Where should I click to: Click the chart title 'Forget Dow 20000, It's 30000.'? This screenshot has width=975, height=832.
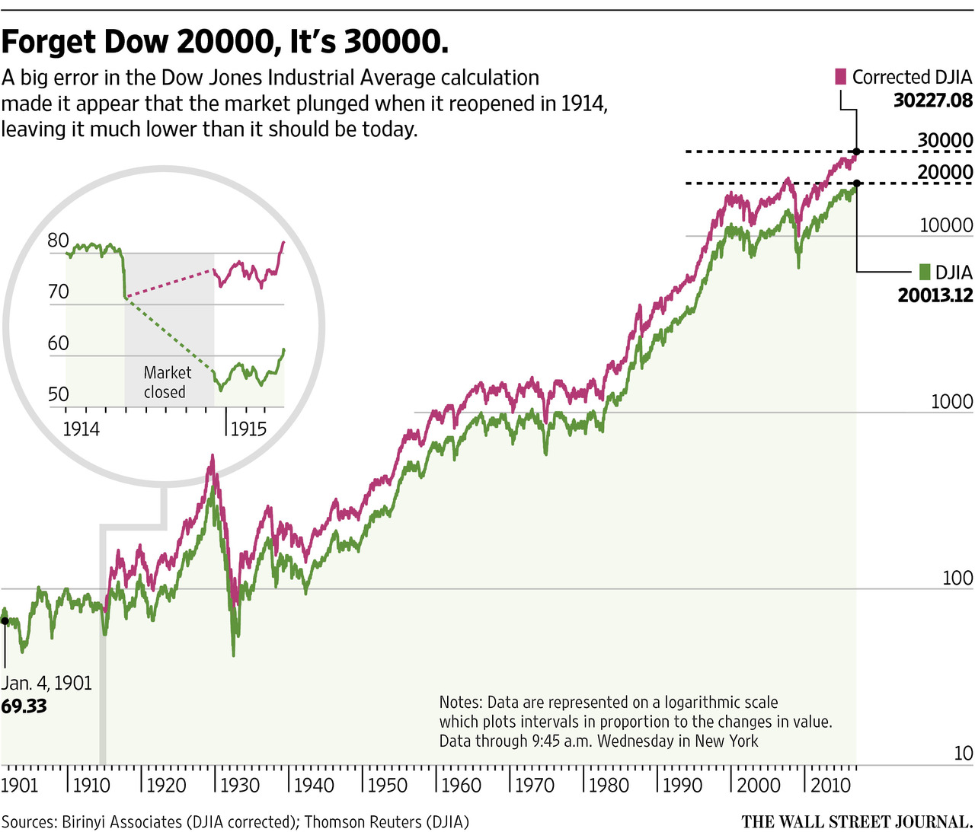225,42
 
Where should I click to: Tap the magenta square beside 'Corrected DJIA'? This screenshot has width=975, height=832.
841,77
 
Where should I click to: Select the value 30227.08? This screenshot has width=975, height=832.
932,100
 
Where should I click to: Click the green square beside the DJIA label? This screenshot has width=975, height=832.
925,272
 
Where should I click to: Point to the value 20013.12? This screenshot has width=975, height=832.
935,295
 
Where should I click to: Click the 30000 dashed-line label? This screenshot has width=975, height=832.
945,140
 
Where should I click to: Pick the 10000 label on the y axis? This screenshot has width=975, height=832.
946,225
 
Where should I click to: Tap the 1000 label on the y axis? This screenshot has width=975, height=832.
951,402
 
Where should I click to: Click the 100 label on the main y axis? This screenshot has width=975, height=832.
957,578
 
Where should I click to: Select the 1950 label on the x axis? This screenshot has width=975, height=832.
388,785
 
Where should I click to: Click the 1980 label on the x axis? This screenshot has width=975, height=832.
609,785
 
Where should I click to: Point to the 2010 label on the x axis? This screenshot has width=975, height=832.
830,785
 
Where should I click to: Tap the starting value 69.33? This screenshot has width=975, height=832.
24,706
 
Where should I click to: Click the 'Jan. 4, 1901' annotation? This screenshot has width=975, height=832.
46,683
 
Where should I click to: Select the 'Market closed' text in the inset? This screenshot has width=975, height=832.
167,382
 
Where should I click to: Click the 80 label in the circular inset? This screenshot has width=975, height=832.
58,241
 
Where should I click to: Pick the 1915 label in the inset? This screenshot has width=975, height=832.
248,429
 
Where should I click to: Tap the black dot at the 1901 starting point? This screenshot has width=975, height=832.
4,621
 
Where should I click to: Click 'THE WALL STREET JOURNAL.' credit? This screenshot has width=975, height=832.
857,822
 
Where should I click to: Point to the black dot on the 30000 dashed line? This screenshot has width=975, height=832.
857,151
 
